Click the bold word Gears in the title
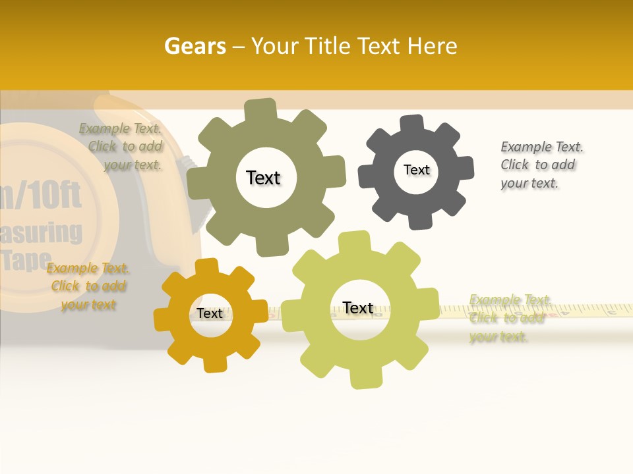tap(195, 46)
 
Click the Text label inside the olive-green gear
tap(263, 178)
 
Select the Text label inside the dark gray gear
tap(416, 170)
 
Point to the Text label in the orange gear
tap(210, 313)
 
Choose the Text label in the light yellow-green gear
tap(358, 308)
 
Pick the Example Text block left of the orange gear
tap(88, 286)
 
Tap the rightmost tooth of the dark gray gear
tap(465, 168)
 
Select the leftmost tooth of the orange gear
tap(163, 320)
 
